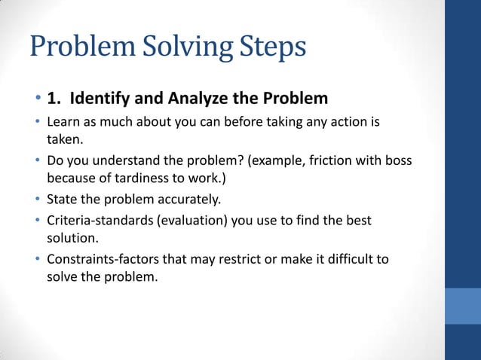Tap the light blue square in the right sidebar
pyautogui.click(x=462, y=306)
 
